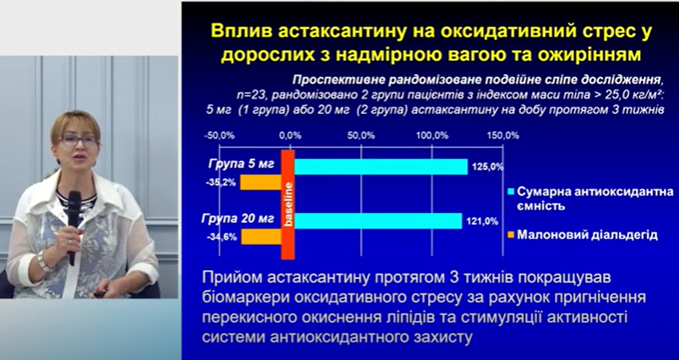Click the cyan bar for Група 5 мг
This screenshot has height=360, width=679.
tap(381, 166)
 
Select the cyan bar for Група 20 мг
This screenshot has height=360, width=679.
tap(379, 221)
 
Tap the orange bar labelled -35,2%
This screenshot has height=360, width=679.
tap(260, 183)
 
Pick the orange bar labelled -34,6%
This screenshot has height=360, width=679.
tap(261, 237)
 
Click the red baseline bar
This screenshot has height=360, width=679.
tap(288, 205)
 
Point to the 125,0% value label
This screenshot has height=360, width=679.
tap(487, 167)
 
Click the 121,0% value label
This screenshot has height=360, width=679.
tap(482, 221)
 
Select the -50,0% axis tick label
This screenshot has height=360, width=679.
tap(219, 135)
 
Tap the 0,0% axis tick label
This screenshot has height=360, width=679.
tap(290, 135)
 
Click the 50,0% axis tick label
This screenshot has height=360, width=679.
tap(361, 135)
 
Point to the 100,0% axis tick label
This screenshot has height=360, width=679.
tap(432, 135)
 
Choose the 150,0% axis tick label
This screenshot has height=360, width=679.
tap(503, 135)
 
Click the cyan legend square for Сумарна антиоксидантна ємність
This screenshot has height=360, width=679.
tap(511, 192)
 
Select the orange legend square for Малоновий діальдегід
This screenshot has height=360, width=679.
tap(511, 235)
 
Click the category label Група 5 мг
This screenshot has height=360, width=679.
tap(241, 165)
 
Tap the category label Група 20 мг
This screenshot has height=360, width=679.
tap(238, 219)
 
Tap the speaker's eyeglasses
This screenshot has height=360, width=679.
tap(79, 140)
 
